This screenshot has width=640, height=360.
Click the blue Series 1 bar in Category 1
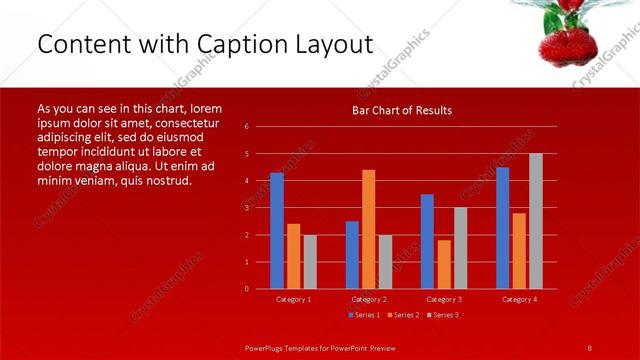(277, 231)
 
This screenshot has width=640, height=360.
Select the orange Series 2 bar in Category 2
(368, 229)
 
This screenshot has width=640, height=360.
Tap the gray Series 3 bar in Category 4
(535, 221)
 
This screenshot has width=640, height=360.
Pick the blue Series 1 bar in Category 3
(427, 241)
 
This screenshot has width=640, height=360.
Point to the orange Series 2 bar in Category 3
(443, 264)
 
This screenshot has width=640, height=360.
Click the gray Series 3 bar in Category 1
(310, 262)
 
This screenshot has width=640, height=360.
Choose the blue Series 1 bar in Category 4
(502, 228)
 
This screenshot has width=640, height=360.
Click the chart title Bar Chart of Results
(402, 110)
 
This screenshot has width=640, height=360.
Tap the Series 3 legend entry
(443, 315)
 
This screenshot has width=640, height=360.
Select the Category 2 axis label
(369, 299)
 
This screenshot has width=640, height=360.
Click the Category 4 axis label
(519, 299)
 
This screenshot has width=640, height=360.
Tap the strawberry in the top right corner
(564, 38)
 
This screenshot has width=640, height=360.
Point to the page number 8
(589, 347)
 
